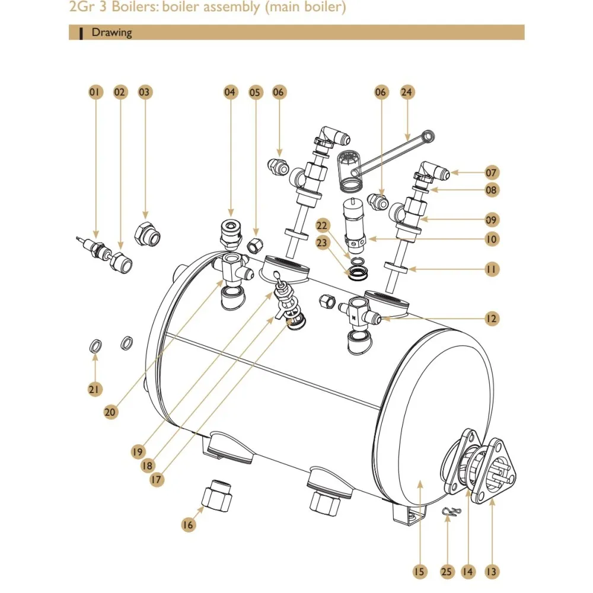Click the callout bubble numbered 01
pos(95,92)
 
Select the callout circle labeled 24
pos(407,92)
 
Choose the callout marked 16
pos(188,524)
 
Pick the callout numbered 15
pos(419,572)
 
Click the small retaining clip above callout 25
pos(451,513)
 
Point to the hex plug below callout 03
pos(146,234)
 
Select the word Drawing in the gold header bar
pos(111,33)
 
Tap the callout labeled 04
pos(230,92)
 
